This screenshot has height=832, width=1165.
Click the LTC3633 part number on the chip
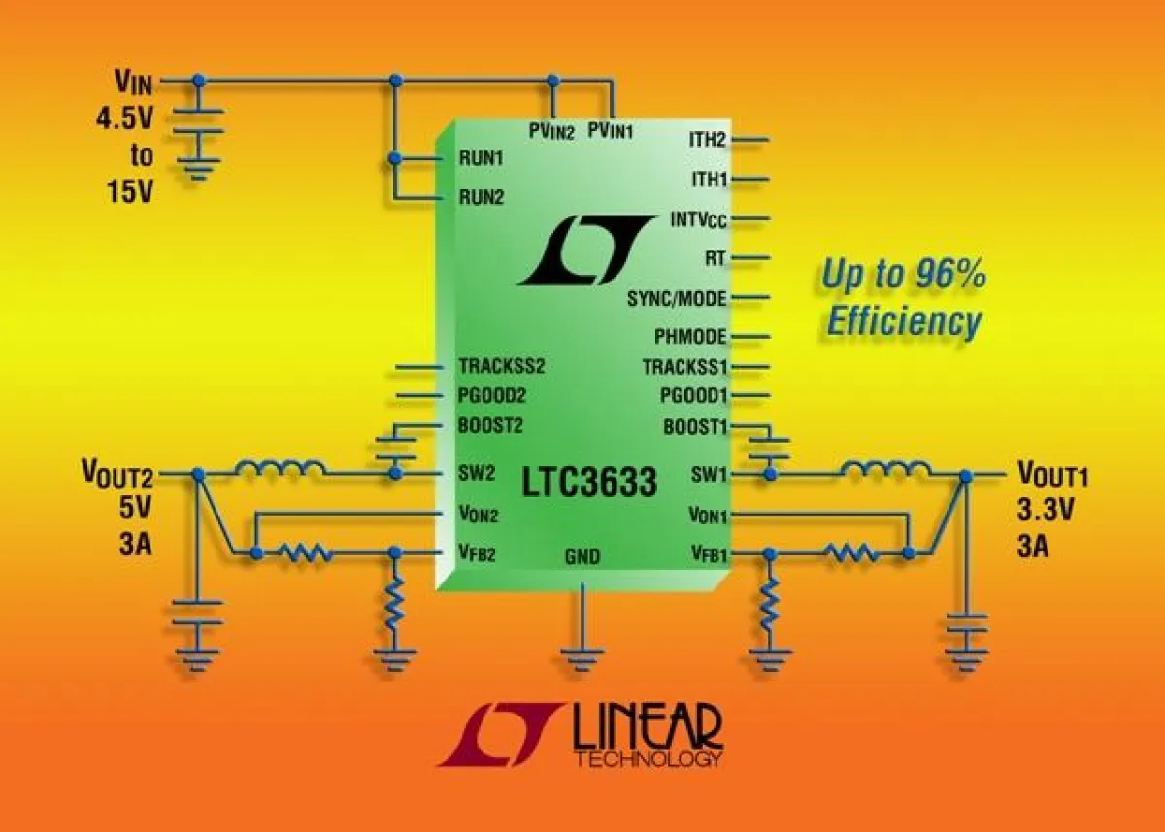pos(589,482)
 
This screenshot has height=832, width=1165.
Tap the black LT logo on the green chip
pos(586,250)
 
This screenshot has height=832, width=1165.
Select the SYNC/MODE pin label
pos(677,298)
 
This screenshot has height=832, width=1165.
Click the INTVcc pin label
pos(698,220)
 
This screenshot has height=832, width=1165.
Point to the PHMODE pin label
pos(690,337)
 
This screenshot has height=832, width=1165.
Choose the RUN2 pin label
pos(482,197)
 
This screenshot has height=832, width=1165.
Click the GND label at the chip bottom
pos(582,557)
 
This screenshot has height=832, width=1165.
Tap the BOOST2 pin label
pos(490,426)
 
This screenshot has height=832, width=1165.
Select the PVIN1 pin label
pos(611,130)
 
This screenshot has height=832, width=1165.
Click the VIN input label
pos(134,83)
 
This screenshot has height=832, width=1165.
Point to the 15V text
pos(130,191)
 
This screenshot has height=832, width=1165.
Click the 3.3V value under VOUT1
pos(1045,512)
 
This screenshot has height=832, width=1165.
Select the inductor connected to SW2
pos(280,467)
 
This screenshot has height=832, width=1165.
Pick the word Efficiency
pos(905,323)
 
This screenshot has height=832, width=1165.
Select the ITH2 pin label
pos(708,140)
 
